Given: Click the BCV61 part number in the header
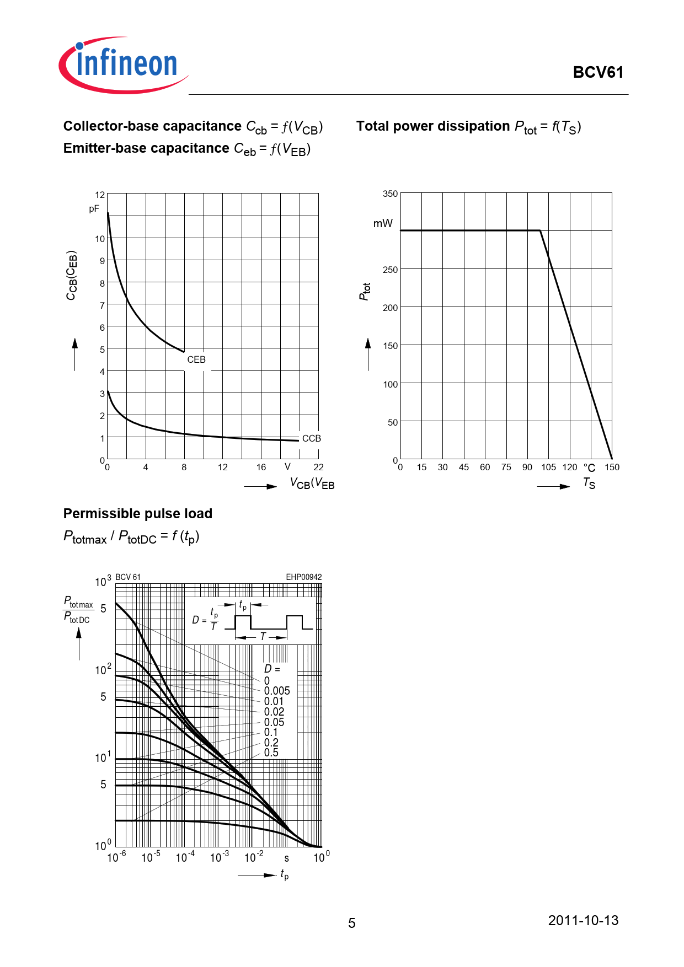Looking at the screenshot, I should pos(598,73).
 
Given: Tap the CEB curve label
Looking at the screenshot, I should pos(196,359).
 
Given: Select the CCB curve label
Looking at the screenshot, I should pos(311,438).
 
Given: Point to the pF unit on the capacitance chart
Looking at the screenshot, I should pos(94,209).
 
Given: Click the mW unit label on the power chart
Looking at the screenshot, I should pos(383,223).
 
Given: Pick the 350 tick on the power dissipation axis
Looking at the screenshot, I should pos(390,194).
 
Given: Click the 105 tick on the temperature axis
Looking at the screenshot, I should pos(548,468).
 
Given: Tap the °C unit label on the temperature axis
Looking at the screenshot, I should pos(589,468).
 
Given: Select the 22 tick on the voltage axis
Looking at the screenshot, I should pos(318,468).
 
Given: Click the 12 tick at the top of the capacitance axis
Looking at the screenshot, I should pos(100,195).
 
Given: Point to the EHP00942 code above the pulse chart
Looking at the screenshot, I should pos(303,577).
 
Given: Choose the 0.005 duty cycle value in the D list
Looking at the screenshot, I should pos(277,691).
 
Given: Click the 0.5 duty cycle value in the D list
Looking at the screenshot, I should pos(271,753).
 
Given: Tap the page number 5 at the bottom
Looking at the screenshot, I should pos(352,923).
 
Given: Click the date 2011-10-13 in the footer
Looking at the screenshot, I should pos(583,920).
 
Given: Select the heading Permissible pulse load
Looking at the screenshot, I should pos(138,514).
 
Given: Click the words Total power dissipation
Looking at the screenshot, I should pos(433,126).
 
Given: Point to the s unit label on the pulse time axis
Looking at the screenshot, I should pos(286,858).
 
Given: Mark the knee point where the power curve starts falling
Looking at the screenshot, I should pos(540,230).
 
